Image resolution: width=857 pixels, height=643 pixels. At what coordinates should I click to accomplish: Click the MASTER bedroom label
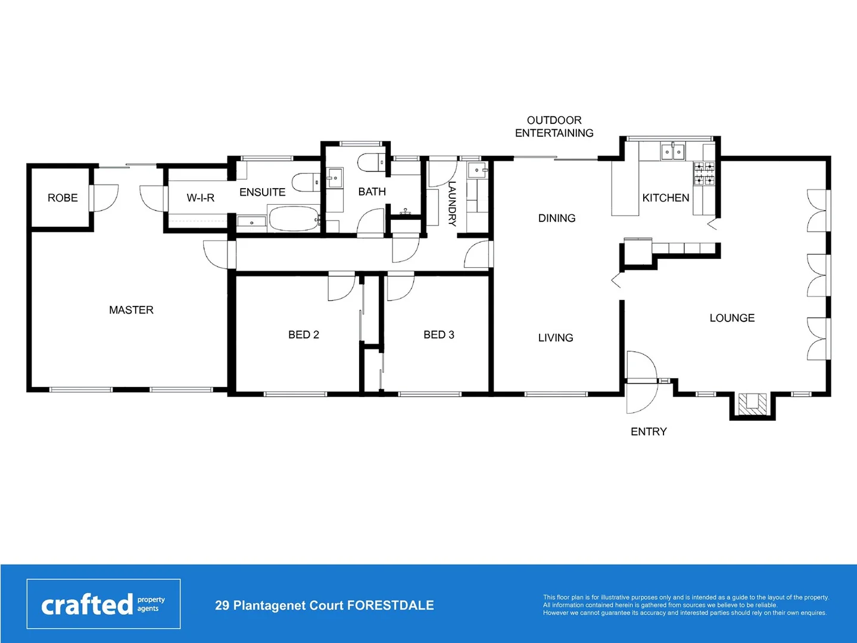click(x=131, y=310)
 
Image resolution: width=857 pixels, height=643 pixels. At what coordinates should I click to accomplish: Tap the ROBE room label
click(x=63, y=198)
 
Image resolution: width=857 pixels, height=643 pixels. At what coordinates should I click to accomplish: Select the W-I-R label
click(x=200, y=198)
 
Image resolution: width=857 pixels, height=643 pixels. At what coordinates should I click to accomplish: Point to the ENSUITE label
click(x=262, y=192)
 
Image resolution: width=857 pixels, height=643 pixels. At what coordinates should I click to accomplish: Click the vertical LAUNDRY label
click(x=452, y=204)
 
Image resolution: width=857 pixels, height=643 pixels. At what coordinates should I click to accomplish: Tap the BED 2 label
click(x=303, y=335)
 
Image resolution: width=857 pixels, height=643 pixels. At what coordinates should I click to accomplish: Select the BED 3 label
click(x=438, y=335)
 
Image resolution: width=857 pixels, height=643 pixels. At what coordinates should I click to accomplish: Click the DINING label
click(x=557, y=219)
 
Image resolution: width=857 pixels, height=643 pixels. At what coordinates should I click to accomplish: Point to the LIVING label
click(x=556, y=338)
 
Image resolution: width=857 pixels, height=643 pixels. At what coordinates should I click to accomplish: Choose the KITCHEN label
click(x=665, y=198)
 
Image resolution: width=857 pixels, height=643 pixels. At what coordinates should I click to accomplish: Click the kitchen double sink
click(x=673, y=152)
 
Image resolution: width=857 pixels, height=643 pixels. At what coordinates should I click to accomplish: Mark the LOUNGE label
click(x=732, y=318)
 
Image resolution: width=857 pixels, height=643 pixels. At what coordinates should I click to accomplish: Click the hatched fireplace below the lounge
click(x=752, y=403)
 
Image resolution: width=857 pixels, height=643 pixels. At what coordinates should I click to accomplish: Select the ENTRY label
click(x=649, y=432)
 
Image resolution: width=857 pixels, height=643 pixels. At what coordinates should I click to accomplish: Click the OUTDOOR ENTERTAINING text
click(x=554, y=127)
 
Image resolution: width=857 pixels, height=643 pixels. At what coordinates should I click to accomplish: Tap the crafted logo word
click(x=87, y=605)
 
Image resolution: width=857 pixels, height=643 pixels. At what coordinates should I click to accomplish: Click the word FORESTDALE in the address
click(x=390, y=605)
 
